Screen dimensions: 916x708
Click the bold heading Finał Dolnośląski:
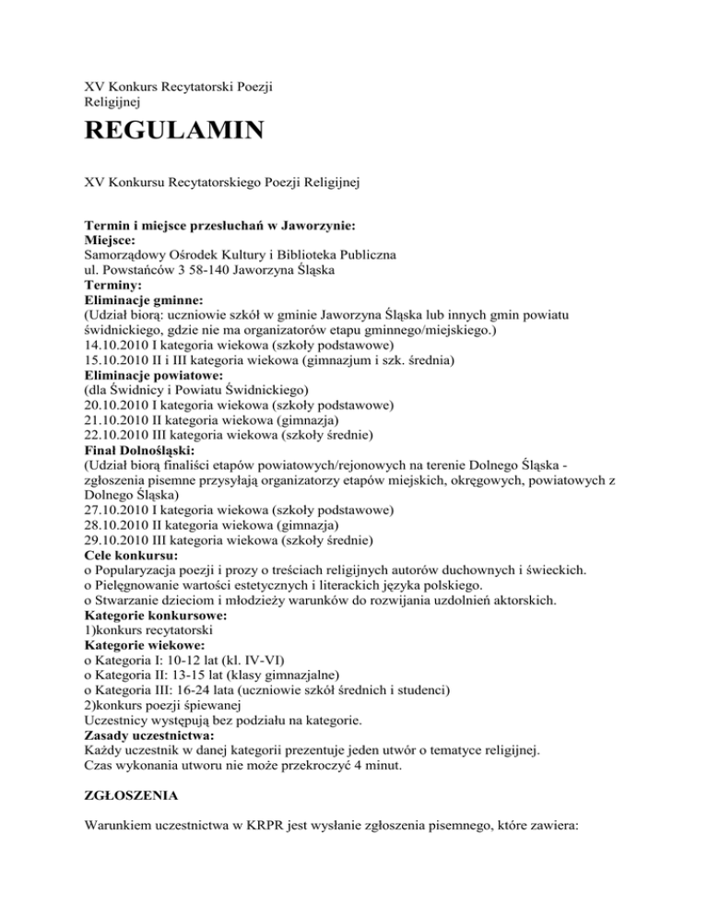point(141,450)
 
